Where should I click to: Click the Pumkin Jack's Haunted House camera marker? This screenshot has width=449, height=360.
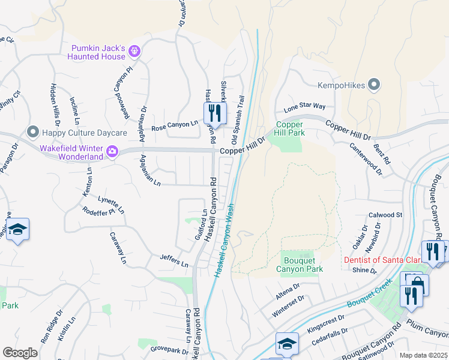(134, 52)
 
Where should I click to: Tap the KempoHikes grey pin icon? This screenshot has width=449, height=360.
(375, 85)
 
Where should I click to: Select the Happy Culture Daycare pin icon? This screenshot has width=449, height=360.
(32, 131)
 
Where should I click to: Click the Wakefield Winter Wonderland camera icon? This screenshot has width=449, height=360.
(112, 152)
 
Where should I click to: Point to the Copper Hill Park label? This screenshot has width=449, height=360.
(290, 128)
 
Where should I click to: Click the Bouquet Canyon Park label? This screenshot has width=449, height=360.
(303, 265)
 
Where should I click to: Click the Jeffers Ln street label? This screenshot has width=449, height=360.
(174, 260)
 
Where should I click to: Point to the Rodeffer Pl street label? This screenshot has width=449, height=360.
(98, 212)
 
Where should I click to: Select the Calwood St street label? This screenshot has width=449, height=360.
(385, 215)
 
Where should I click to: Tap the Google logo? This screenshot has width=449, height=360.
(20, 352)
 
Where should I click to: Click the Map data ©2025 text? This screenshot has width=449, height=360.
(423, 355)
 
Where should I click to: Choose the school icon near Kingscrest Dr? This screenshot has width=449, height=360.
(287, 343)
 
